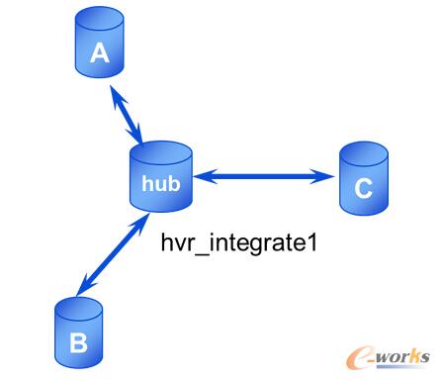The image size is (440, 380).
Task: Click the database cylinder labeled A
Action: pyautogui.click(x=99, y=47)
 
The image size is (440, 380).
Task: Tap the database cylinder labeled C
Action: pyautogui.click(x=363, y=179)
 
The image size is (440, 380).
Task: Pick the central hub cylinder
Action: pyautogui.click(x=160, y=177)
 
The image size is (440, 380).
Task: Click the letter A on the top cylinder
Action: pyautogui.click(x=99, y=54)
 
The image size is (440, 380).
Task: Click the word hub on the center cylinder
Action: pyautogui.click(x=160, y=183)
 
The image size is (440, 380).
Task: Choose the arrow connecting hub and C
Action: pyautogui.click(x=262, y=178)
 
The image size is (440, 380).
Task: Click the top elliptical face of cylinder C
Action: pyautogui.click(x=363, y=151)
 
